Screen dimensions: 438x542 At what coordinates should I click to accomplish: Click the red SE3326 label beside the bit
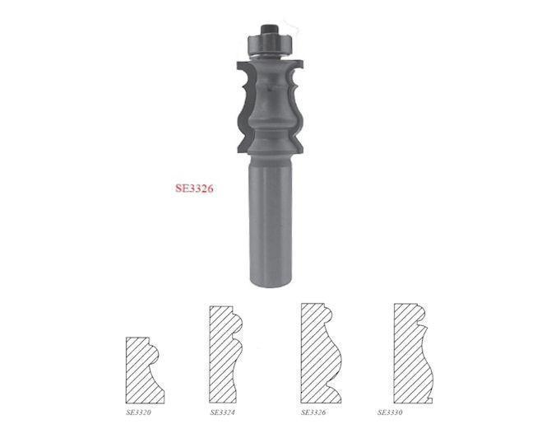194,188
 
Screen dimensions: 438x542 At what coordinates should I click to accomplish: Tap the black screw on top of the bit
270,32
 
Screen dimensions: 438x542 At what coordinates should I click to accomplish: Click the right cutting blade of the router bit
294,107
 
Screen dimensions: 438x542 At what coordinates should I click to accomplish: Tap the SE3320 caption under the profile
139,411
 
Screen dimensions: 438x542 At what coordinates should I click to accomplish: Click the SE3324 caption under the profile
223,411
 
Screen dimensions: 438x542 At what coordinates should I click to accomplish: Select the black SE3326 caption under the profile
315,411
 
